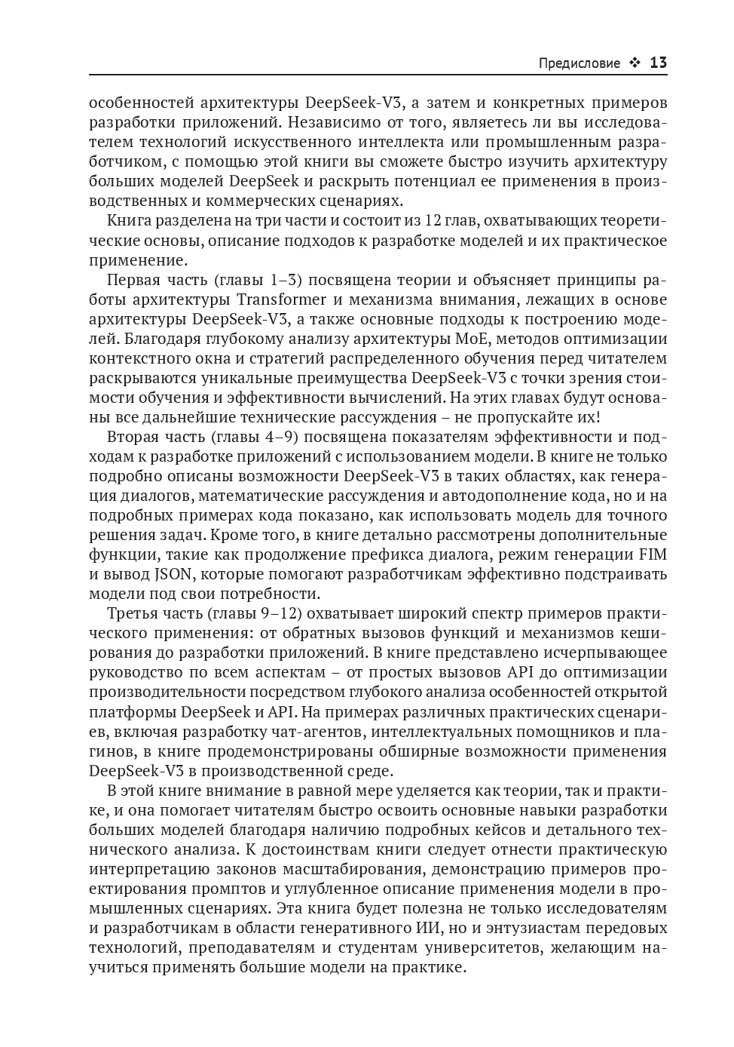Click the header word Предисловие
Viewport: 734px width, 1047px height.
point(579,63)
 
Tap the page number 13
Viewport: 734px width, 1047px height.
point(658,63)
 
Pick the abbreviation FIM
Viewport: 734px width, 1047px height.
point(653,554)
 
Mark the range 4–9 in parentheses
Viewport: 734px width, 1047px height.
point(281,437)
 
